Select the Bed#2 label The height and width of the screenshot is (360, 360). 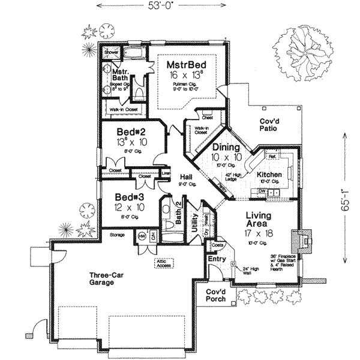(131, 131)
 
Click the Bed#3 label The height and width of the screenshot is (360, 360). (129, 196)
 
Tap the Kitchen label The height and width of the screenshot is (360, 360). (269, 175)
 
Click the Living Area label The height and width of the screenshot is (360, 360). (259, 220)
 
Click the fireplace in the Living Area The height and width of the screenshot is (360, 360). (302, 242)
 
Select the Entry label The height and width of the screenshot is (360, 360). (215, 259)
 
